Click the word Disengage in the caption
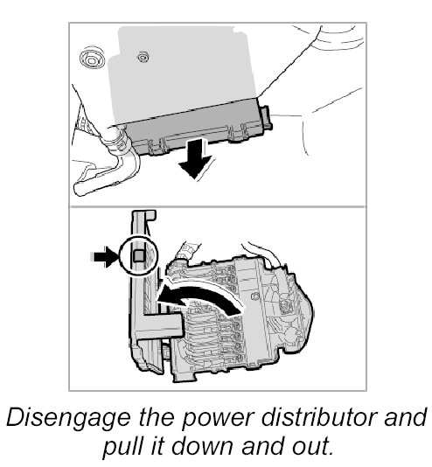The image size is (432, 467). (68, 418)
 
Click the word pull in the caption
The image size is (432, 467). (122, 447)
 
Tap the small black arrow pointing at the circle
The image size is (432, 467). (103, 256)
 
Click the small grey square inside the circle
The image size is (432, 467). (139, 255)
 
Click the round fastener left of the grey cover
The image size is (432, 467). (93, 59)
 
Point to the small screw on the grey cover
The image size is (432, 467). (143, 57)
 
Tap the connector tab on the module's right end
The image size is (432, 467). (265, 118)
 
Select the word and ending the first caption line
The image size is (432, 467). (406, 416)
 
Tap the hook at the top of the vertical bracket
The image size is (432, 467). (150, 215)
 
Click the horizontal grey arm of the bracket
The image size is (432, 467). (161, 325)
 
